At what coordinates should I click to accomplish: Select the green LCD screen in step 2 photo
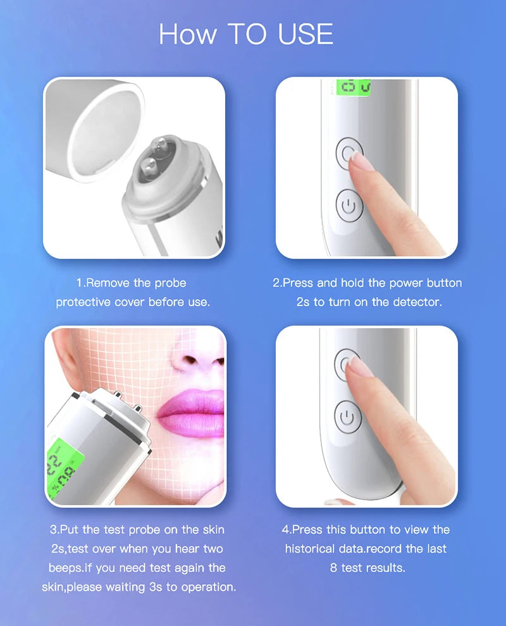[x=354, y=88]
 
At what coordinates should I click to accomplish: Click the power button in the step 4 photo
[x=347, y=417]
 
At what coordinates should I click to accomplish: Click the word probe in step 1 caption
[x=170, y=283]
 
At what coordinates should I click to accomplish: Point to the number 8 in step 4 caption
[x=333, y=568]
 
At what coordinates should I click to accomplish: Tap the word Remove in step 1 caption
[x=109, y=283]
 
